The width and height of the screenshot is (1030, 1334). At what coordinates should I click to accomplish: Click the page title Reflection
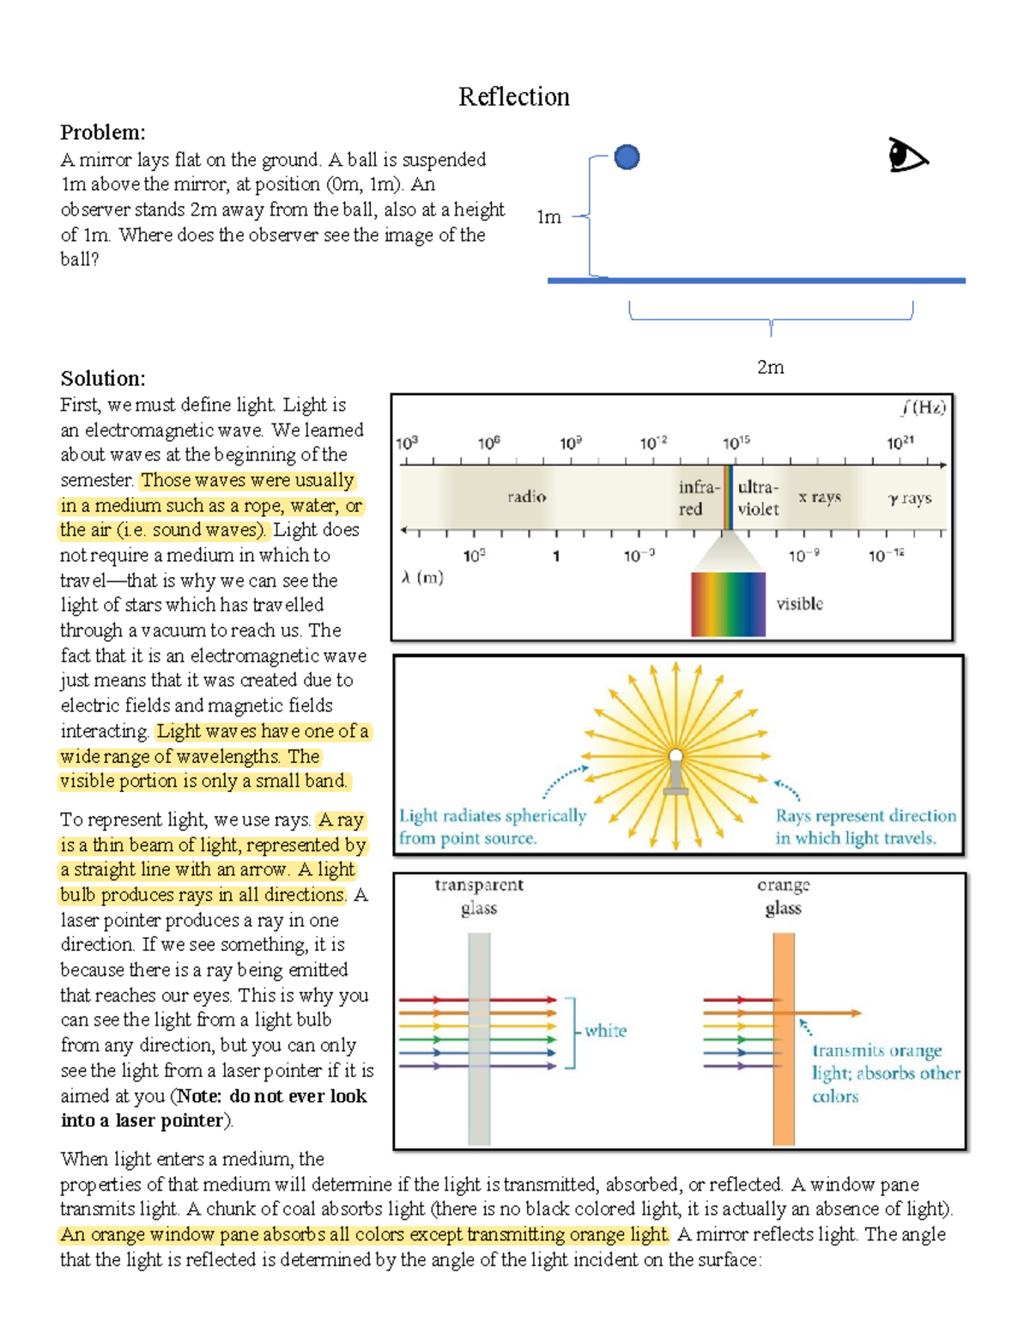[513, 97]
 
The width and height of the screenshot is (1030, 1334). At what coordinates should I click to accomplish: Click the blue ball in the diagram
[627, 157]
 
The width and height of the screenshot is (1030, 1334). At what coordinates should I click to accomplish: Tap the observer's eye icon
[907, 155]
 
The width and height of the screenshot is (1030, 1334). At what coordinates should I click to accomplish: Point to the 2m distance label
[770, 368]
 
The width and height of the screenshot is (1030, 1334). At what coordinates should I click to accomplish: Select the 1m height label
[548, 217]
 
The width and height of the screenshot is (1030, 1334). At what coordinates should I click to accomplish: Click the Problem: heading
[102, 132]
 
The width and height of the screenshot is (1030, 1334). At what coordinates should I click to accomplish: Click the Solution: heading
[102, 379]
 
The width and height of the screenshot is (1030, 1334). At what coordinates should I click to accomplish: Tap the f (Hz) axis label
[923, 407]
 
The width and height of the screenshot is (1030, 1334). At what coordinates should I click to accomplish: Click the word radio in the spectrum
[526, 496]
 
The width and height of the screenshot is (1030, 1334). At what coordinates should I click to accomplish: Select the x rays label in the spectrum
[819, 496]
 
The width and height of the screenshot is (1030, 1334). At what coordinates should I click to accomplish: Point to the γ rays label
[909, 498]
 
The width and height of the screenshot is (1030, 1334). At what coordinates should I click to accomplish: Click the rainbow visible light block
[728, 604]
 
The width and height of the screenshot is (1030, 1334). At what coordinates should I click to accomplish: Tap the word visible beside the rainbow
[799, 604]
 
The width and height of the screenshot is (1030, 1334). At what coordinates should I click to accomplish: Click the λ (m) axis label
[422, 577]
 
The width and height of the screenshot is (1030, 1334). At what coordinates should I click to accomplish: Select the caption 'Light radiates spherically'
[492, 816]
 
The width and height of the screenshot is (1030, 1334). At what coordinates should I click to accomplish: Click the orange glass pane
[783, 1039]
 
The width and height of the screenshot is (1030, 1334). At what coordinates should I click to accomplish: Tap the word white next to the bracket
[605, 1031]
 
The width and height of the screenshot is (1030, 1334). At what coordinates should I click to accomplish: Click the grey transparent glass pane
[479, 1039]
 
